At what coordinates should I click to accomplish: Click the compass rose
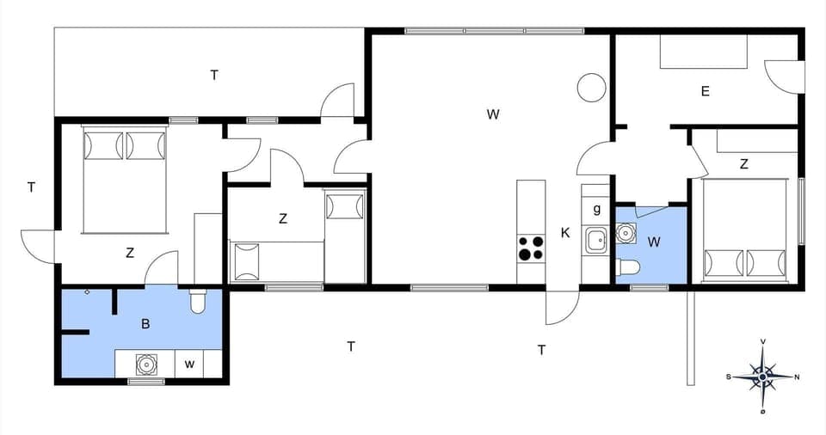pyautogui.click(x=762, y=376)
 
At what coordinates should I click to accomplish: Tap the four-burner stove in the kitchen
pyautogui.click(x=530, y=248)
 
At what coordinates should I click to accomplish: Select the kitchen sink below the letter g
pyautogui.click(x=595, y=240)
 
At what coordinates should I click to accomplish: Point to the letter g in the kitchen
pyautogui.click(x=596, y=209)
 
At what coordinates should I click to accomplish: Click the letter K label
pyautogui.click(x=565, y=232)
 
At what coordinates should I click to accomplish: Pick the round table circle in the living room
pyautogui.click(x=591, y=87)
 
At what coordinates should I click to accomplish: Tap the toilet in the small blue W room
pyautogui.click(x=628, y=268)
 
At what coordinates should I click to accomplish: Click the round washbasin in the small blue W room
pyautogui.click(x=626, y=232)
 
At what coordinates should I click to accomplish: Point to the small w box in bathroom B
pyautogui.click(x=189, y=365)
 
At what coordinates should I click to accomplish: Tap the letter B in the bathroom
pyautogui.click(x=145, y=324)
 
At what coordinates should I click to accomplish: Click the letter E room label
pyautogui.click(x=705, y=91)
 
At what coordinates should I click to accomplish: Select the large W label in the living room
pyautogui.click(x=492, y=113)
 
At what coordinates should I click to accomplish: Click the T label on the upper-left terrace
pyautogui.click(x=214, y=75)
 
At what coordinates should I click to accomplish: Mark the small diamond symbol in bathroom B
pyautogui.click(x=88, y=292)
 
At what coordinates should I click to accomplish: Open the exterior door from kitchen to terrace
pyautogui.click(x=561, y=308)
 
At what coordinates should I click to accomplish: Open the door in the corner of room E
pyautogui.click(x=784, y=77)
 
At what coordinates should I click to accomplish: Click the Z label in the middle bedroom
pyautogui.click(x=282, y=218)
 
